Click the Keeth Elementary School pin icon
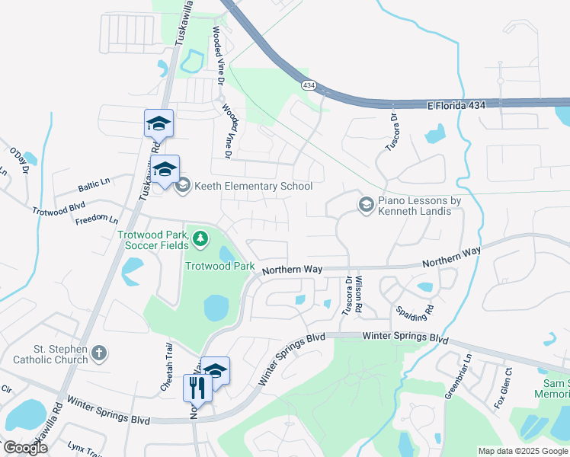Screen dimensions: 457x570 coord(183,185)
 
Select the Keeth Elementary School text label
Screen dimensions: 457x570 coord(253,186)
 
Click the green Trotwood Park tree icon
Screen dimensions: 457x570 coord(200,240)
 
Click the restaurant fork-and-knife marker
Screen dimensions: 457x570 coord(197,387)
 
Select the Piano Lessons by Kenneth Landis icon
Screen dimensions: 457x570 coord(367,204)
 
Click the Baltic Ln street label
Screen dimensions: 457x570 coord(94,182)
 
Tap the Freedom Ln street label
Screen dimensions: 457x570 coord(97,220)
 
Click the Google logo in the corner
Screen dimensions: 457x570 coord(25,448)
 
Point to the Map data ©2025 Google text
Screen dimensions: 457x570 coord(523,451)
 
